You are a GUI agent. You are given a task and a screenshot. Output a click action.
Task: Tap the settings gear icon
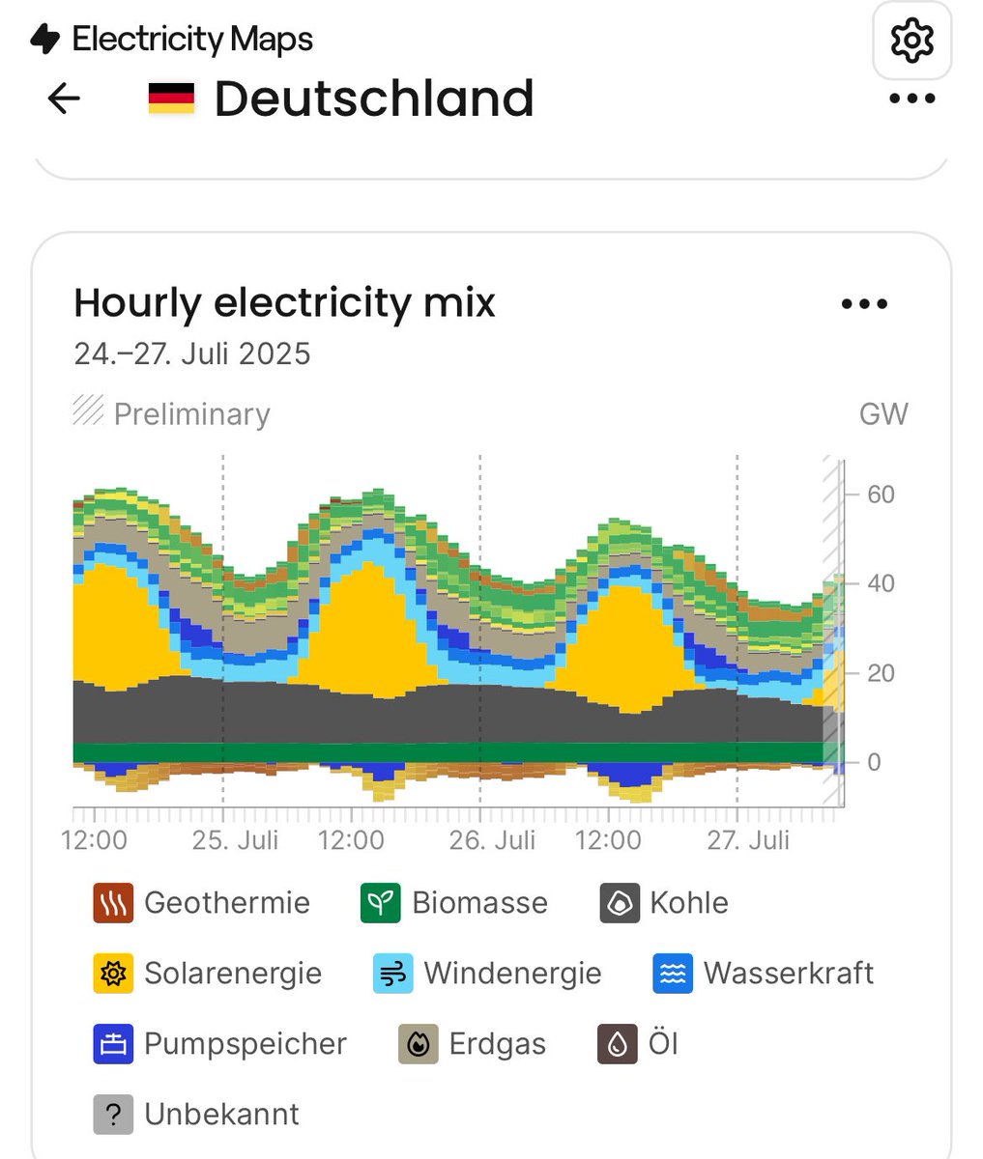[x=911, y=41]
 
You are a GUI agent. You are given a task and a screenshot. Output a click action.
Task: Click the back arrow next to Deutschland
[x=64, y=99]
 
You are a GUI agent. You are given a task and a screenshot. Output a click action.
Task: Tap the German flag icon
[x=171, y=99]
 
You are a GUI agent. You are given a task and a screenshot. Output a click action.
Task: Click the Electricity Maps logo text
[x=191, y=40]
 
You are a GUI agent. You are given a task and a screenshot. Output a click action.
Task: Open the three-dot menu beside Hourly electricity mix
[x=864, y=304]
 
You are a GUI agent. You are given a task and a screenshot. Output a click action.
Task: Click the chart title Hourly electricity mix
[x=284, y=303]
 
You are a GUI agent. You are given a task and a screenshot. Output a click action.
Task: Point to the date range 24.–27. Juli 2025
[x=192, y=353]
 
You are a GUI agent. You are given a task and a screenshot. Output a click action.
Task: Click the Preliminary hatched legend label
[x=190, y=413]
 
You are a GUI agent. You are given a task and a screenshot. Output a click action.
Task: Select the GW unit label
[x=882, y=414]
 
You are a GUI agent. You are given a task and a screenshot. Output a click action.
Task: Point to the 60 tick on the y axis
[x=881, y=495]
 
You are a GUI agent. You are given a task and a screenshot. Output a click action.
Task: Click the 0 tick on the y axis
[x=874, y=762]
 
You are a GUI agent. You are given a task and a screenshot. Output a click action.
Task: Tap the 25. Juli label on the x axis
[x=235, y=839]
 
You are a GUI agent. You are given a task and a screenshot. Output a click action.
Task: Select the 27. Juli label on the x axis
[x=748, y=839]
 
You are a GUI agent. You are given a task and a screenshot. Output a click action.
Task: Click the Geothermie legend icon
[x=113, y=903]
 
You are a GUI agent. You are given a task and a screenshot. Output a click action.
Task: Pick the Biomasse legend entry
[x=454, y=903]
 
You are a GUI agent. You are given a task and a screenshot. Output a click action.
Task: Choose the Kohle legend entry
[x=664, y=903]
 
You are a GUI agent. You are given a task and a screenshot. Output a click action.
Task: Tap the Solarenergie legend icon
[x=113, y=974]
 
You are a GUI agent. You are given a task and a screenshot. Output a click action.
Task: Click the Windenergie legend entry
[x=488, y=974]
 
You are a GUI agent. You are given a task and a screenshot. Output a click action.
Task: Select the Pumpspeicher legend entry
[x=220, y=1044]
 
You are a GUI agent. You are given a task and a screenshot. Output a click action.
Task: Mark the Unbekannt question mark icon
[x=113, y=1115]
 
